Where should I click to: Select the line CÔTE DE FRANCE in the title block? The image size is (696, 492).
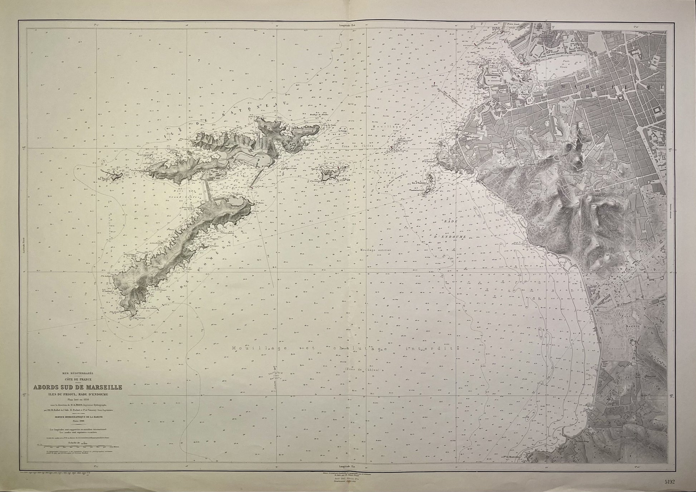pos(78,380)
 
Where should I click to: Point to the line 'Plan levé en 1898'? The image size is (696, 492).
pos(78,400)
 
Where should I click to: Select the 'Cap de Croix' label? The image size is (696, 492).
pos(333,131)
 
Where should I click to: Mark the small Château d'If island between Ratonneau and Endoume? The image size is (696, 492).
pos(329,174)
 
